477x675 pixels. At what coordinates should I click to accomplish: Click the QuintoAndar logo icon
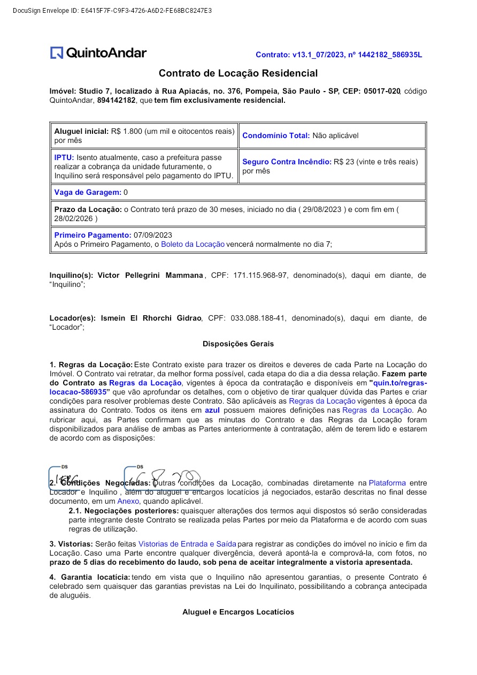click(57, 53)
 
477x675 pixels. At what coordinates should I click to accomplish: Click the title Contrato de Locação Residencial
click(238, 73)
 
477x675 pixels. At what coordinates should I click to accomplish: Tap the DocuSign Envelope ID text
click(112, 11)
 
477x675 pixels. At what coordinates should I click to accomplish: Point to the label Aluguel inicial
click(81, 131)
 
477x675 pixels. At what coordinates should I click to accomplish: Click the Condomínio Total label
click(276, 135)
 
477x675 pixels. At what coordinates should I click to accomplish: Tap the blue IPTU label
click(64, 157)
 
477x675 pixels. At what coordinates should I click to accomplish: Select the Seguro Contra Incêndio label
click(287, 162)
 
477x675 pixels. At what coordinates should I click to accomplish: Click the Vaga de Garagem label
click(88, 192)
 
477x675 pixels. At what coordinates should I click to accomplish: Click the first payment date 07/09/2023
click(153, 235)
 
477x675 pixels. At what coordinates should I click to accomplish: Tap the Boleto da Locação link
click(193, 244)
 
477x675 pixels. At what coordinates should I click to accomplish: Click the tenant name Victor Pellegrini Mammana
click(150, 275)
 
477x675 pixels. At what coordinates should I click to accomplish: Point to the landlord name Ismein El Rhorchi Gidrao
click(151, 318)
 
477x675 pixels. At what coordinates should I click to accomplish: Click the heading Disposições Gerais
click(238, 344)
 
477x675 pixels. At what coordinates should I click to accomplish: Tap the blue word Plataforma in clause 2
click(387, 483)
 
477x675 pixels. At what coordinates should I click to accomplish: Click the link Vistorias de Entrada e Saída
click(187, 544)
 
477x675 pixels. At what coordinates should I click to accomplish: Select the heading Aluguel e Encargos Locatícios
click(238, 612)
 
